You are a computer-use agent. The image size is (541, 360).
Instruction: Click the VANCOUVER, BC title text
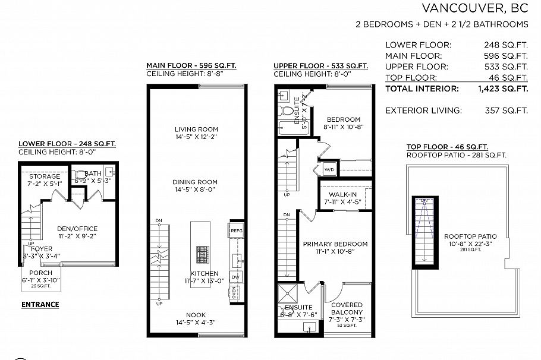pos(474,8)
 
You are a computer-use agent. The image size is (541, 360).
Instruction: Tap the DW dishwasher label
pos(236,277)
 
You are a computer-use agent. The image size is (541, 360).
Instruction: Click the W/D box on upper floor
pos(329,169)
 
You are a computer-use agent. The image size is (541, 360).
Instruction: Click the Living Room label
pos(196,129)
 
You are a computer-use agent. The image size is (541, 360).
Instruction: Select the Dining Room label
pos(195,182)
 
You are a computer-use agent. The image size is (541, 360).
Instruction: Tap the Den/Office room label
pos(77,229)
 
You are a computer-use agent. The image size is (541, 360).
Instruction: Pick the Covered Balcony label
pos(347,308)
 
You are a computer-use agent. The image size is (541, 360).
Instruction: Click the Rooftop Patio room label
pos(470,236)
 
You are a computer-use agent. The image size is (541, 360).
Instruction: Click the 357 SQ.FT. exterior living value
pos(506,110)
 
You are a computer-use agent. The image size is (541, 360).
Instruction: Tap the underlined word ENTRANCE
pos(40,305)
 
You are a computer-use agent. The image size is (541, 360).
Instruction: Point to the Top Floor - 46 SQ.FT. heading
pos(447,147)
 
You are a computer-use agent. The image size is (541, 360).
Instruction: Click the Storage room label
pos(45,176)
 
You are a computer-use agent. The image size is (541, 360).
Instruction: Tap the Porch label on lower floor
pos(40,273)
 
